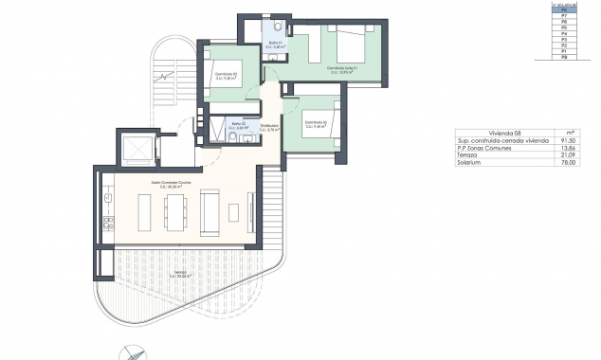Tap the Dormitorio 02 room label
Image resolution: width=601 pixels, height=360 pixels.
(225, 74)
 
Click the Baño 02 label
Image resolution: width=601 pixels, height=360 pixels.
(239, 124)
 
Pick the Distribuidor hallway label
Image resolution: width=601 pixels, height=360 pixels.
(269, 126)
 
